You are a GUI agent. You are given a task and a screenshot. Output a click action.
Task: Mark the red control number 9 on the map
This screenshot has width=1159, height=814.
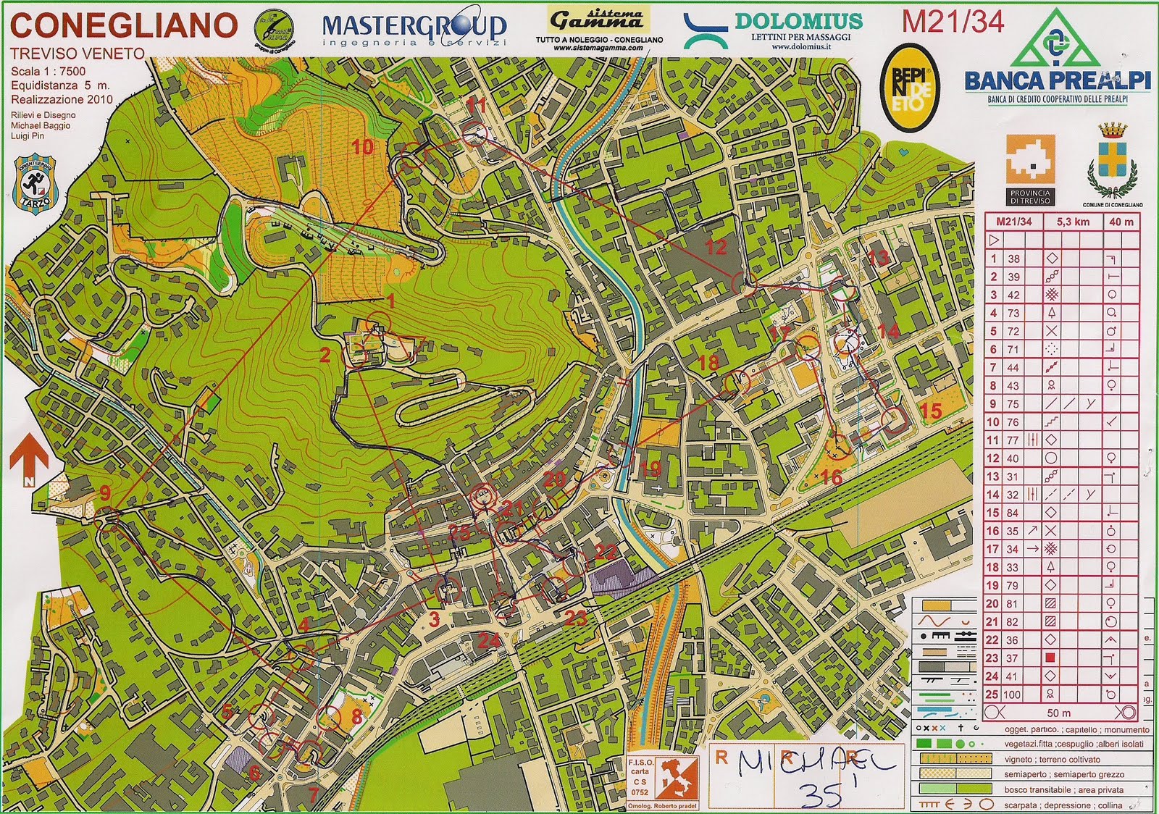point(106,494)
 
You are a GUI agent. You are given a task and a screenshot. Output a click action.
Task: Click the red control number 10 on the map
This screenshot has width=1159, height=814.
point(362,148)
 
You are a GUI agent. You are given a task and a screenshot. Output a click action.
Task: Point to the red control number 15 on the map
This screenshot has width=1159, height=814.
point(930,411)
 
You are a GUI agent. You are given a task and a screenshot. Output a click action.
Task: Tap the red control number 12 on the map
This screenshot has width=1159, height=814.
point(716,247)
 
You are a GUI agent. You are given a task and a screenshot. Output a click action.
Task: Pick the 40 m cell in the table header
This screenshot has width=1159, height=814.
point(1121,222)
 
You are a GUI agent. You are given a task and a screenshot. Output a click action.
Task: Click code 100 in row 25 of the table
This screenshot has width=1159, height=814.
point(1012,695)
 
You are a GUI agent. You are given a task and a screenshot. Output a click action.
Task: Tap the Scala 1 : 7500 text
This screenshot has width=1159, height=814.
point(48,71)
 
